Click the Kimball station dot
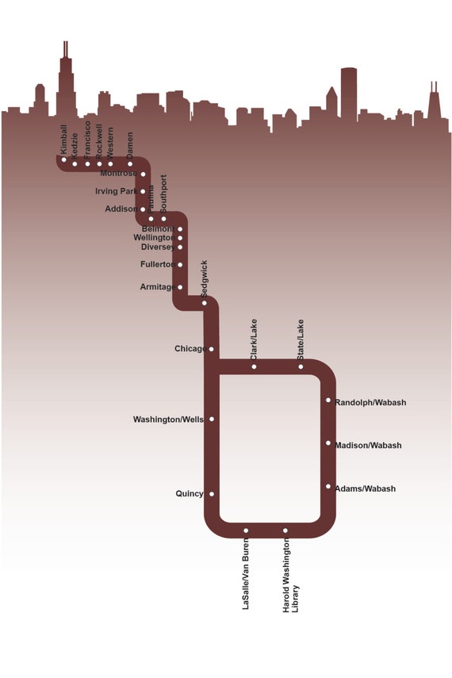click(64, 160)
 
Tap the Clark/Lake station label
click(254, 339)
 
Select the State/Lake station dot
click(301, 366)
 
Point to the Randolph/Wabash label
click(370, 403)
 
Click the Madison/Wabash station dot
click(328, 443)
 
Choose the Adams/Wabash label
click(365, 488)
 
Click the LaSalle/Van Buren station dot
click(246, 531)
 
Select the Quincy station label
click(190, 494)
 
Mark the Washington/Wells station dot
click(212, 419)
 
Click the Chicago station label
click(190, 349)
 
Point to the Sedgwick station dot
click(204, 303)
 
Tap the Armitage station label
click(158, 287)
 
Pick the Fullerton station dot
click(180, 265)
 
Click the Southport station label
click(164, 193)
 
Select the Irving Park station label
click(116, 191)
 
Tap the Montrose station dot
click(143, 174)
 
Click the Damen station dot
click(130, 164)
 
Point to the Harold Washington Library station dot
click(285, 531)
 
